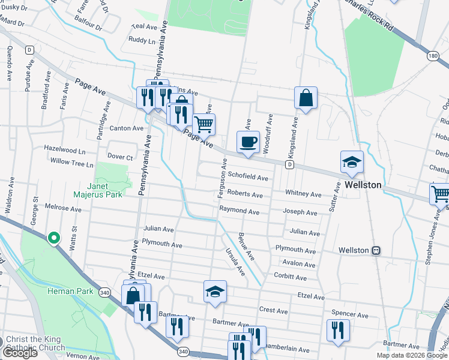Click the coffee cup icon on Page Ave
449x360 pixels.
tap(248, 143)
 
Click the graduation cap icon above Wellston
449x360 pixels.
tap(352, 161)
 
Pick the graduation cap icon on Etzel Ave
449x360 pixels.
tap(215, 292)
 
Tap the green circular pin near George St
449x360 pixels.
tap(53, 239)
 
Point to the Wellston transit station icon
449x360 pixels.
tap(376, 250)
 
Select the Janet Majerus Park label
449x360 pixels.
tap(98, 190)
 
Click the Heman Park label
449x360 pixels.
tap(70, 292)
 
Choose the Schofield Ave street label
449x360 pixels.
tap(248, 178)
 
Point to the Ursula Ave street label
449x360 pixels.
tap(235, 262)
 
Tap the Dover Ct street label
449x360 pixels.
tap(119, 157)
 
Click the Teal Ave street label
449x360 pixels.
tap(143, 27)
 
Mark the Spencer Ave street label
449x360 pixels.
tap(349, 314)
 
